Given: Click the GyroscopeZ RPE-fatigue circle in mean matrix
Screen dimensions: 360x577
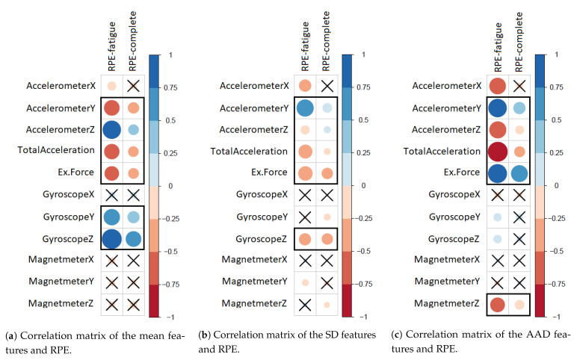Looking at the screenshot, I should (x=111, y=239).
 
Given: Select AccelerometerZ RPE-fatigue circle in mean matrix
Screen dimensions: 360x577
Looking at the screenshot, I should (x=111, y=130).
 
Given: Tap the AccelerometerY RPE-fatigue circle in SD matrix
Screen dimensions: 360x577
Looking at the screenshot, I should (x=304, y=108).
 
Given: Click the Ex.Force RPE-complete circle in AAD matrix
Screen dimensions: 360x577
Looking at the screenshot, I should (x=519, y=173).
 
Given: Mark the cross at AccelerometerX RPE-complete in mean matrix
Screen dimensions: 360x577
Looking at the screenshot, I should (x=132, y=86).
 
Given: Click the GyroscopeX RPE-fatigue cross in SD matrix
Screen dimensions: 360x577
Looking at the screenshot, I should (x=304, y=195).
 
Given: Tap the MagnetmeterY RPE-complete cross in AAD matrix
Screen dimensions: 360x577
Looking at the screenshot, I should (x=519, y=282).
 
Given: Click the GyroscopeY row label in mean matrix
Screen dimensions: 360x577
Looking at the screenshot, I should (x=62, y=217).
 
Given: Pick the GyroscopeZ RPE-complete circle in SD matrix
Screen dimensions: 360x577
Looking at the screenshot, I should (x=326, y=239).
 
